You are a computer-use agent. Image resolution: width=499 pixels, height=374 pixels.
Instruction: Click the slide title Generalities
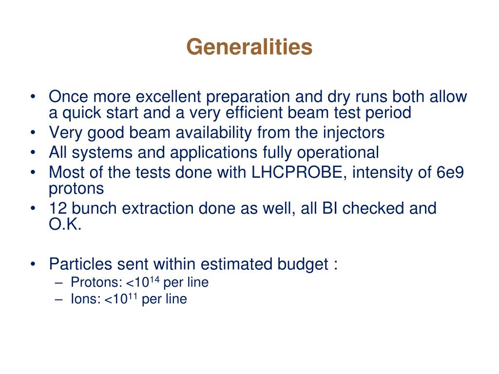pos(249,47)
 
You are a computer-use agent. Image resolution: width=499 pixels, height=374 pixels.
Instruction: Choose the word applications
pos(213,152)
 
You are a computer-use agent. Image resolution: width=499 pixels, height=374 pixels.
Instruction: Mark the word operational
pos(337,152)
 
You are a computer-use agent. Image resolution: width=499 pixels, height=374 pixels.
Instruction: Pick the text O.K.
pos(65,225)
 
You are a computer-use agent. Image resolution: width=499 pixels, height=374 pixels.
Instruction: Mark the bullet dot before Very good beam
pos(32,132)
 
